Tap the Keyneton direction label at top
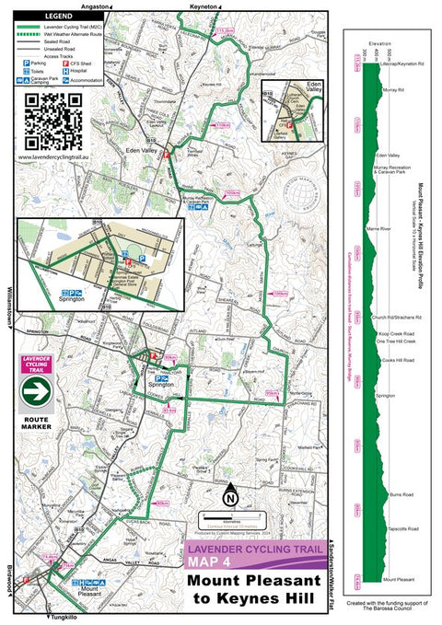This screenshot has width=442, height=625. (x=204, y=6)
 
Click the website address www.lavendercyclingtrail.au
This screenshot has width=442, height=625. (x=54, y=156)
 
